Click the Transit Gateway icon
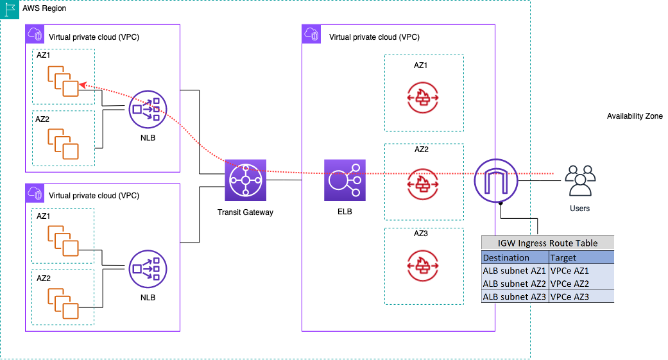(x=245, y=180)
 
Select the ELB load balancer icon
(x=345, y=180)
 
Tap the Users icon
(x=579, y=180)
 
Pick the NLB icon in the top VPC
(x=147, y=110)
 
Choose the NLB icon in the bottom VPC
(x=147, y=269)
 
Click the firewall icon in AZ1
(x=424, y=97)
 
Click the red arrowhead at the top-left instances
(x=82, y=86)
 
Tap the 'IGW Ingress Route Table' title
(x=547, y=243)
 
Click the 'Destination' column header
(x=506, y=257)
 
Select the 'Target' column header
(x=563, y=257)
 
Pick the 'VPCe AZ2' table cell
(x=570, y=284)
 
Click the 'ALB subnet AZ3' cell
(x=515, y=296)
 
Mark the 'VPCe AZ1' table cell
(x=570, y=271)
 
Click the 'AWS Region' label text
(x=44, y=8)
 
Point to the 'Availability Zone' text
(x=634, y=116)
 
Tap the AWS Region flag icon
(x=9, y=9)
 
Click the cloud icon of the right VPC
(x=311, y=34)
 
